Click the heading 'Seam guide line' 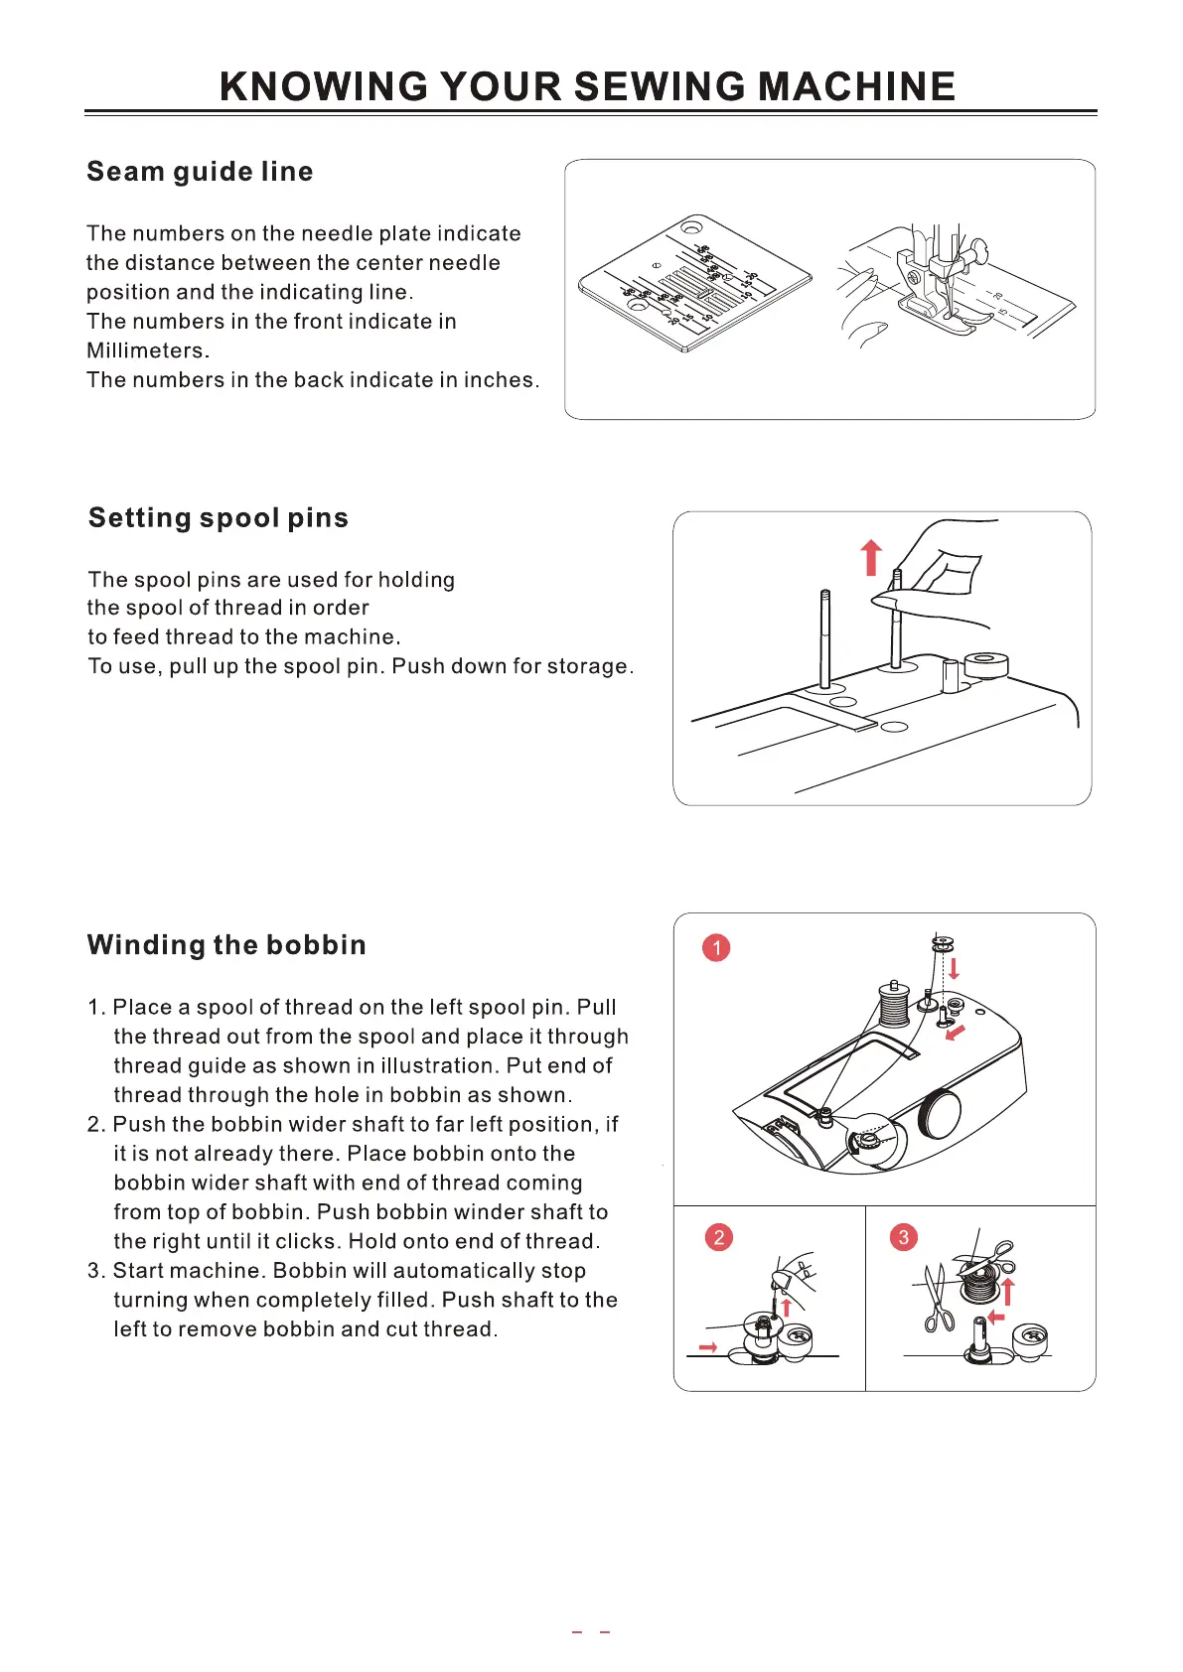[200, 172]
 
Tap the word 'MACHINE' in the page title [856, 87]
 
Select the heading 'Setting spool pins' [219, 518]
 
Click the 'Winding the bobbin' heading [226, 945]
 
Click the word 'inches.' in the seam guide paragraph [502, 380]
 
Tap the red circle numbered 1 [716, 948]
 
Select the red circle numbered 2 [718, 1237]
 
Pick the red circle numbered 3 [903, 1237]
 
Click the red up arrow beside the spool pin [871, 557]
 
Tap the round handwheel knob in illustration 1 [940, 1114]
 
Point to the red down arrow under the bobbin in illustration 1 [954, 967]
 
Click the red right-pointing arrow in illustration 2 [708, 1347]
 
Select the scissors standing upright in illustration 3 [937, 1296]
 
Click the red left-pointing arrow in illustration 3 [996, 1318]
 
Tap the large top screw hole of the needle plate [689, 229]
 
